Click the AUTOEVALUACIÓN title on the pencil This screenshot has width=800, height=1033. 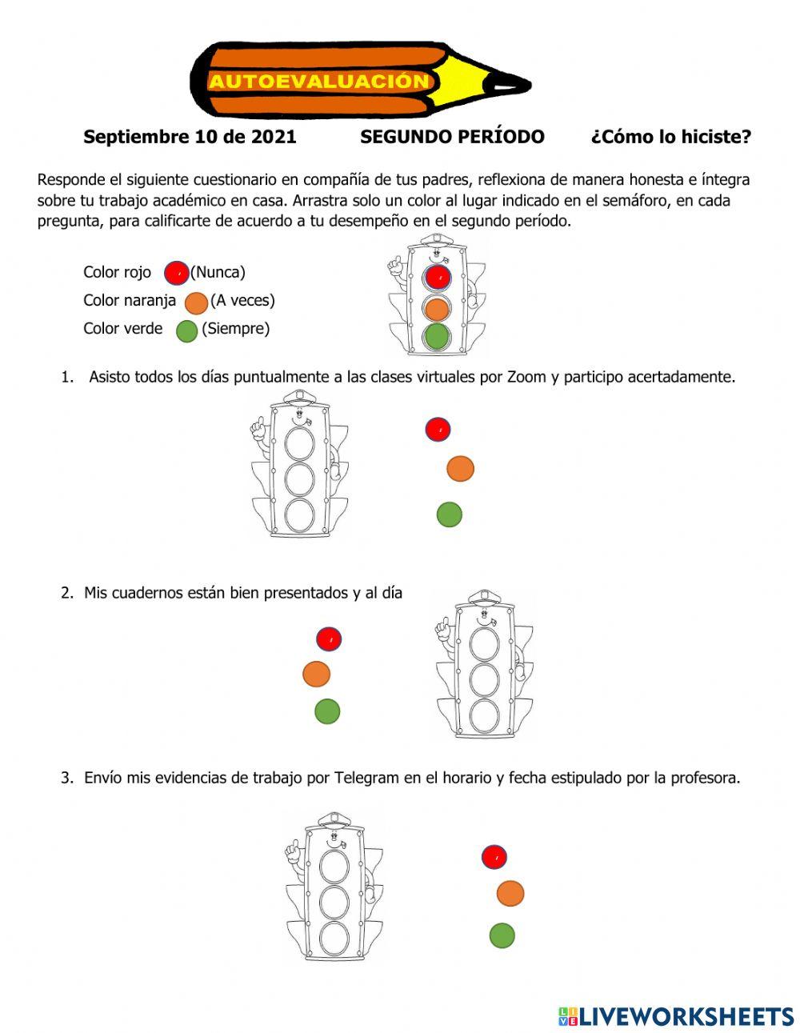pyautogui.click(x=319, y=82)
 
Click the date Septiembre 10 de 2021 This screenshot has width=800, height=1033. pyautogui.click(x=190, y=137)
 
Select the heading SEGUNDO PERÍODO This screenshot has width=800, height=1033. pyautogui.click(x=452, y=137)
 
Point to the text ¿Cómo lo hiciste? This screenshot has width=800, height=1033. pyautogui.click(x=670, y=137)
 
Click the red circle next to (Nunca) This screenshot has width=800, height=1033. pyautogui.click(x=177, y=273)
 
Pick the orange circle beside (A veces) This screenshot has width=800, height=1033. pyautogui.click(x=197, y=302)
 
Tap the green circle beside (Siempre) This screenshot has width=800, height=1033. pyautogui.click(x=187, y=330)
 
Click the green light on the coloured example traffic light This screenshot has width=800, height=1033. pyautogui.click(x=436, y=336)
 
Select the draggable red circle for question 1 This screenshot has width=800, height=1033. pyautogui.click(x=438, y=430)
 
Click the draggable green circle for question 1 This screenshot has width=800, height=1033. pyautogui.click(x=450, y=514)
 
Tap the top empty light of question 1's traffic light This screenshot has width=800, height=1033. pyautogui.click(x=300, y=442)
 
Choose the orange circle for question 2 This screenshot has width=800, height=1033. pyautogui.click(x=317, y=674)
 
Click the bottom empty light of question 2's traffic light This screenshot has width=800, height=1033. pyautogui.click(x=485, y=715)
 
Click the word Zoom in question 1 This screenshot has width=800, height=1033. pyautogui.click(x=527, y=377)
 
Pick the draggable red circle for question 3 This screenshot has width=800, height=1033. pyautogui.click(x=495, y=857)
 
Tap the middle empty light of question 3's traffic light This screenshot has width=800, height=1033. pyautogui.click(x=334, y=902)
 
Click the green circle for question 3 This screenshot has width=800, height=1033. pyautogui.click(x=502, y=935)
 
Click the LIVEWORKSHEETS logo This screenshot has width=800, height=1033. pyautogui.click(x=676, y=1016)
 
